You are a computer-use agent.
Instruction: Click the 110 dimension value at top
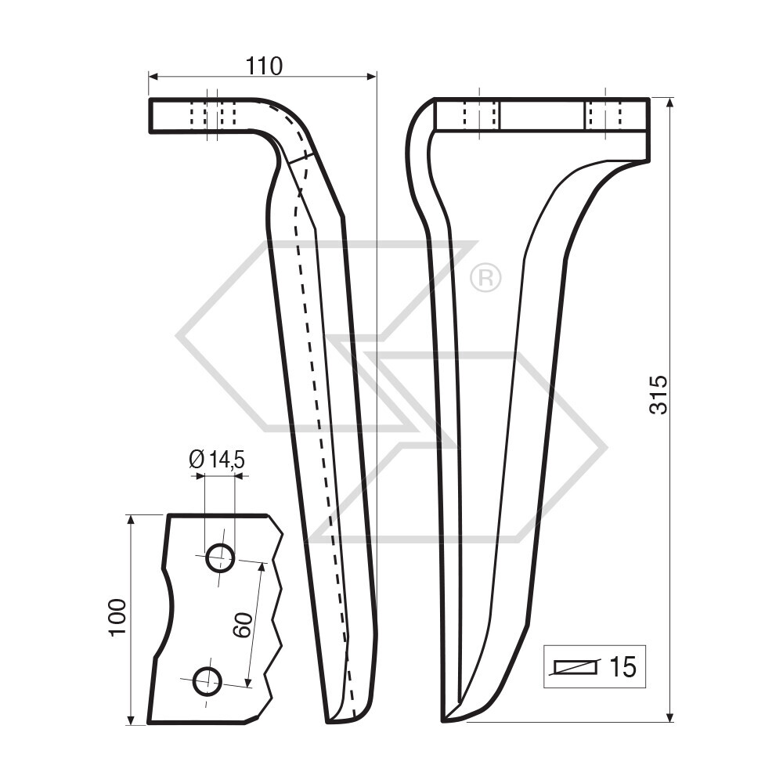(263, 67)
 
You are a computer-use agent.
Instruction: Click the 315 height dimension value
(659, 394)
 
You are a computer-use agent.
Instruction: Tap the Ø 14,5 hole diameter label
(217, 460)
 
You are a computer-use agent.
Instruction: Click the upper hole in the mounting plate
(219, 559)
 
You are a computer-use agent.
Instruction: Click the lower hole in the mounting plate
(207, 680)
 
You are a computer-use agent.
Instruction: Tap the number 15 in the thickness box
(622, 668)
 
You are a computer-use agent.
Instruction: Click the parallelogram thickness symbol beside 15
(576, 667)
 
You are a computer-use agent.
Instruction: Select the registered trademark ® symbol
(485, 278)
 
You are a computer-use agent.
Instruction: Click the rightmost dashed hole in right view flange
(604, 116)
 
